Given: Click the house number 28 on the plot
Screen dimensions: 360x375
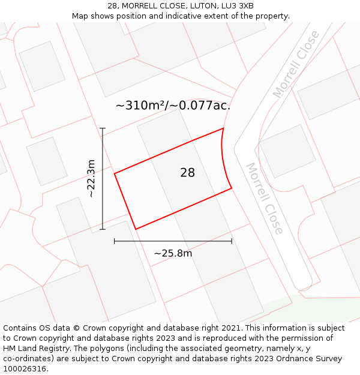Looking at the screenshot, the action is coord(187,173).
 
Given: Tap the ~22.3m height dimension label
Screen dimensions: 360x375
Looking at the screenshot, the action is coord(91,178).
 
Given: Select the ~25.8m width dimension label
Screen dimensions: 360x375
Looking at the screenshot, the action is coord(173,253).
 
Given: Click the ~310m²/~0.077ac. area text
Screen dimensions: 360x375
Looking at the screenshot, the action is coord(173,106).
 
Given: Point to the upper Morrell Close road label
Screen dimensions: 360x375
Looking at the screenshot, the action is coord(296,65).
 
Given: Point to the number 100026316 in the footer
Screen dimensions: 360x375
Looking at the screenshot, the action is coord(23,369).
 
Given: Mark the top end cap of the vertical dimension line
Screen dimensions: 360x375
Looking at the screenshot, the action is coord(103,128).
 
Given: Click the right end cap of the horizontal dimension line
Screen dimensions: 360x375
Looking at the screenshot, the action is coord(232,241).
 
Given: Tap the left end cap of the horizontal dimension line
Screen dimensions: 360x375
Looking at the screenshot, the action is coord(115,241).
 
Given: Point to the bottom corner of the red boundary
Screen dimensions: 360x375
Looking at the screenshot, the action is coord(136,229).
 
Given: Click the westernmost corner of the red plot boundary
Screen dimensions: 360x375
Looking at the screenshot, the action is coord(115,173).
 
